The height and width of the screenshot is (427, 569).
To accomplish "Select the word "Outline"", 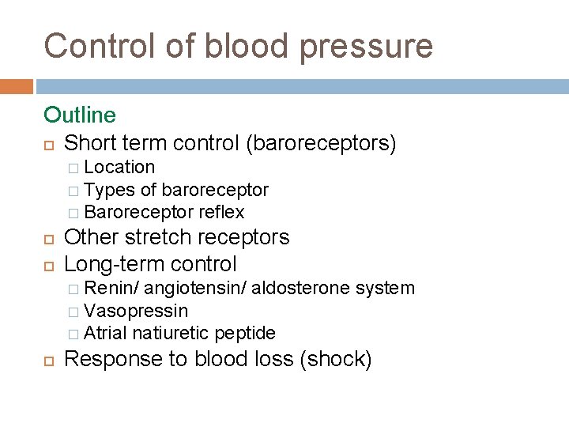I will (x=80, y=115).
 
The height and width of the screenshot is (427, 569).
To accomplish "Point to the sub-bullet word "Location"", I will (x=119, y=167).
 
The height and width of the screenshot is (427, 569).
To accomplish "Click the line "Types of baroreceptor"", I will (x=175, y=190).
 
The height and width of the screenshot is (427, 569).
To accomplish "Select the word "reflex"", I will (x=221, y=212).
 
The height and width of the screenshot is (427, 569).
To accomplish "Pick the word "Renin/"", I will (x=111, y=289).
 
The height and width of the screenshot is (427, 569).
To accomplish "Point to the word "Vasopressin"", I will (x=136, y=311).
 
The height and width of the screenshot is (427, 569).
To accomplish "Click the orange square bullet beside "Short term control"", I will (x=49, y=144).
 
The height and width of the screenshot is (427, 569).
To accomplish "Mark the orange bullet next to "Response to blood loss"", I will (x=49, y=360).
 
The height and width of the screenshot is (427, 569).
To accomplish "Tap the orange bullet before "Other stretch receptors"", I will (x=49, y=238).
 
